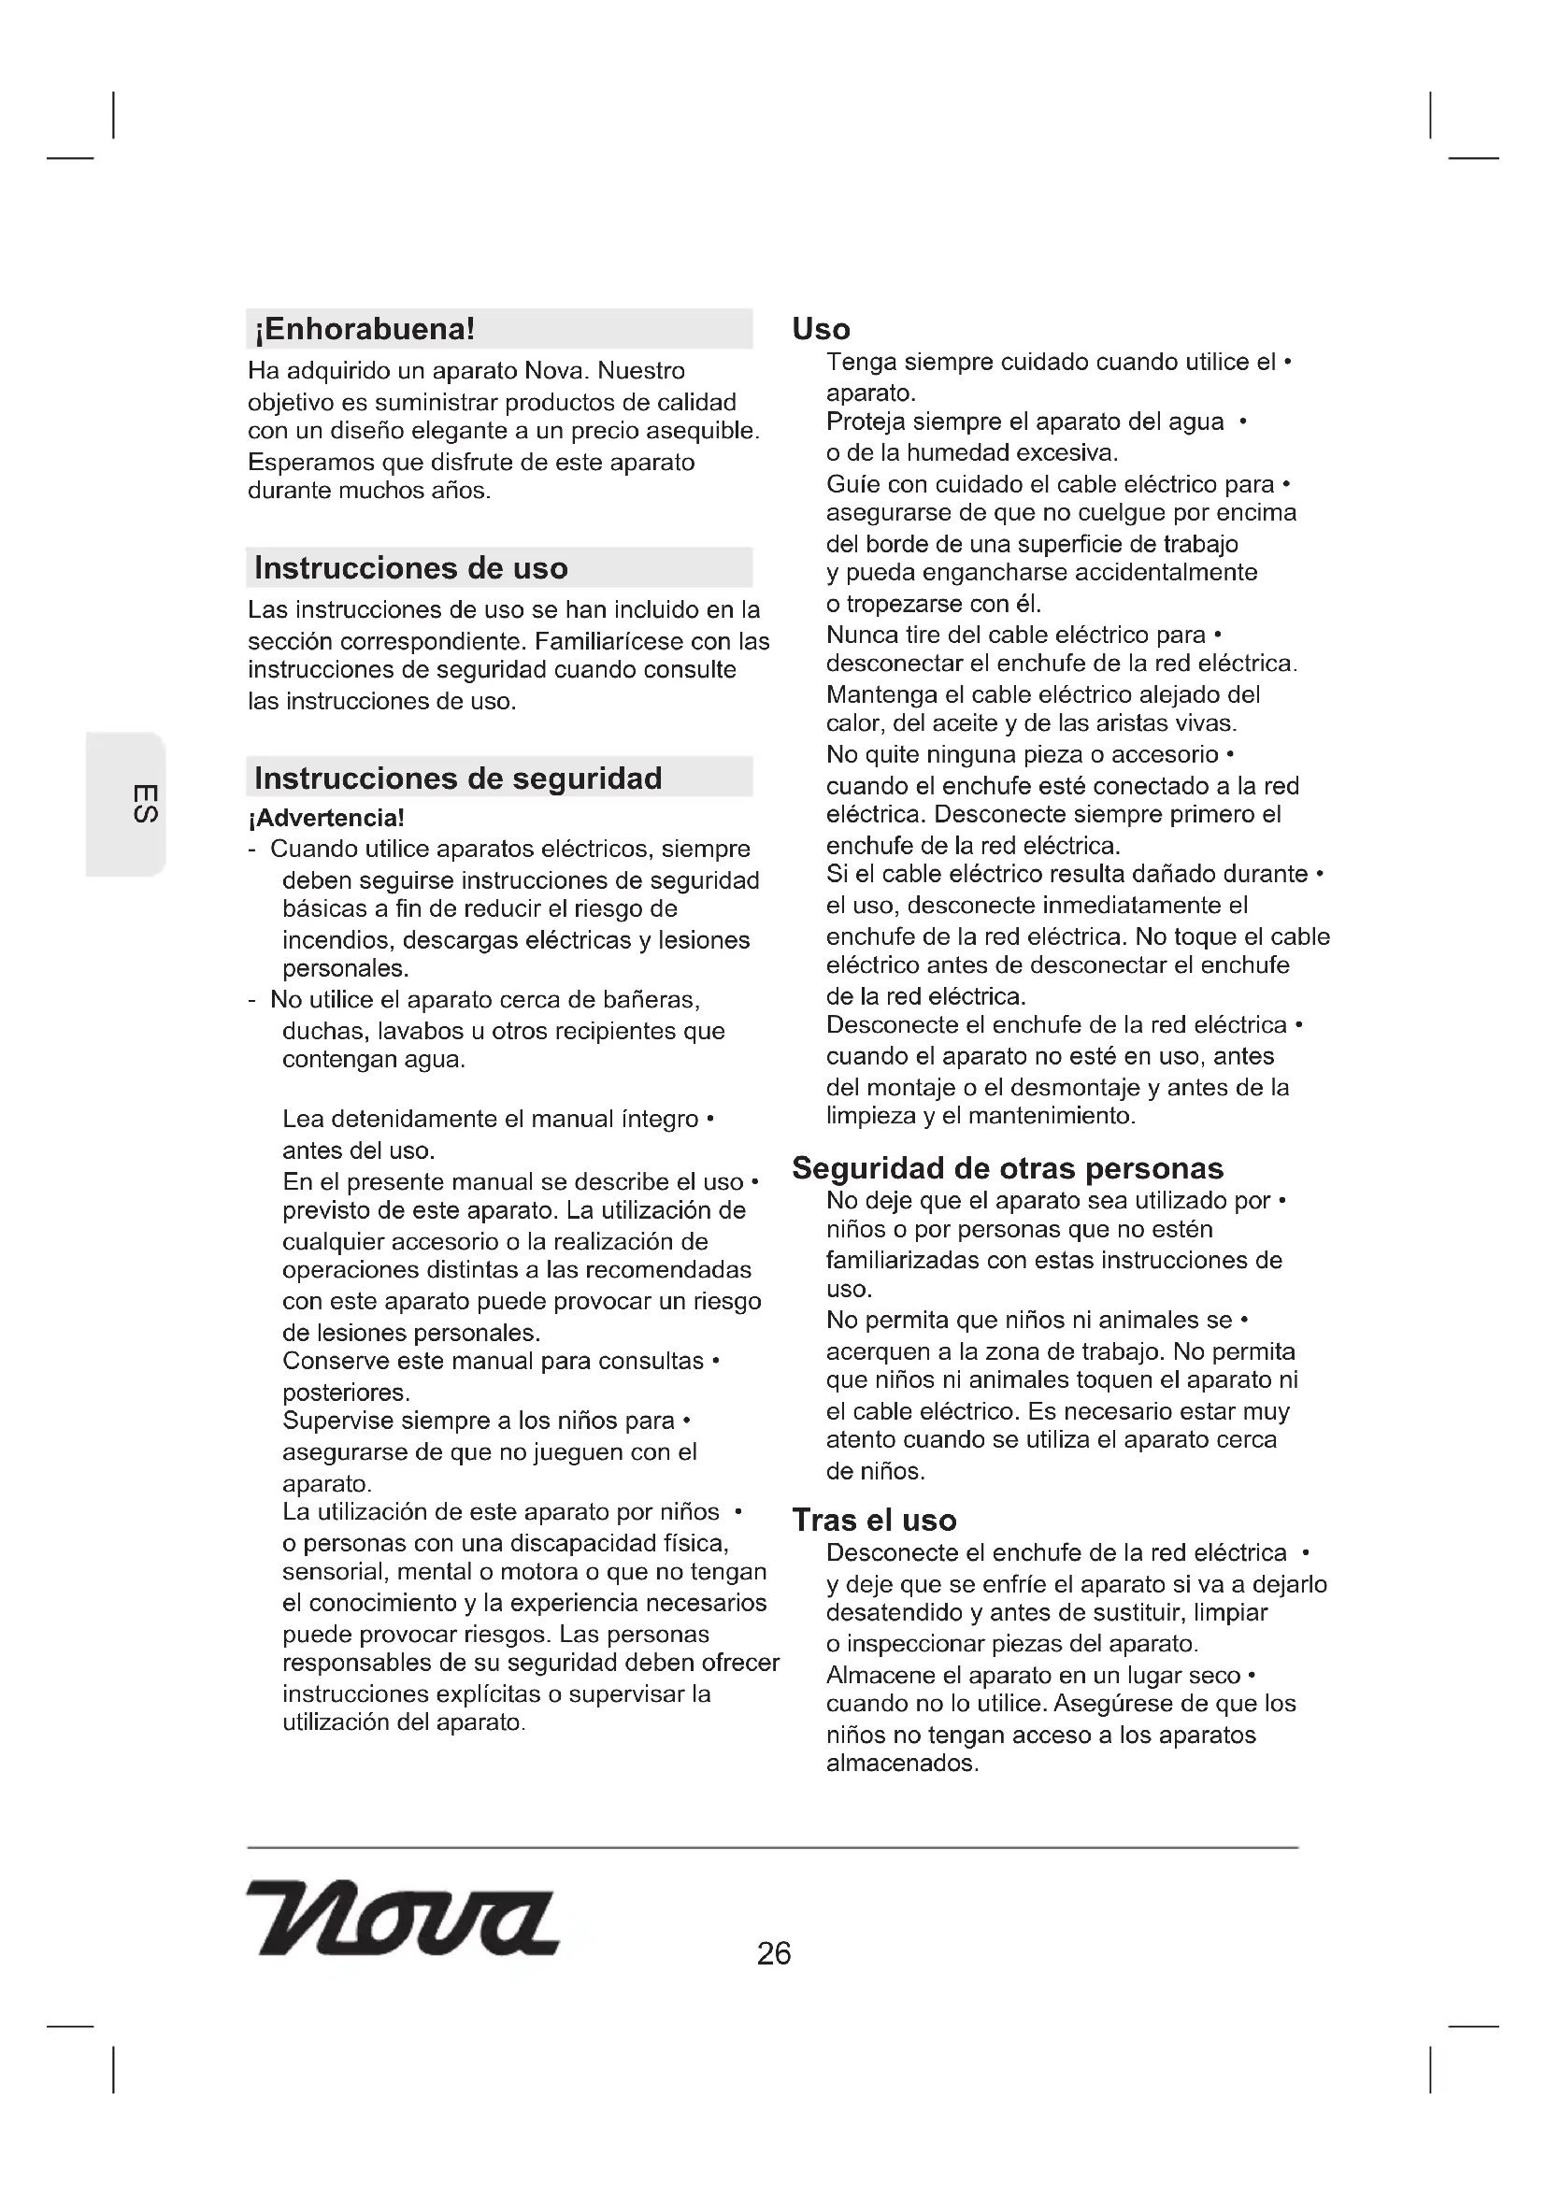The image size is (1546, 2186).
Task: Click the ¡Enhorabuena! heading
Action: pyautogui.click(x=365, y=329)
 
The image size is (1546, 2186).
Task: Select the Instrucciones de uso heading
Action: pyautogui.click(x=410, y=568)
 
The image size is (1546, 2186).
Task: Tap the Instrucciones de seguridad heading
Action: pyautogui.click(x=458, y=779)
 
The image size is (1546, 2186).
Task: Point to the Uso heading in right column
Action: pyautogui.click(x=821, y=329)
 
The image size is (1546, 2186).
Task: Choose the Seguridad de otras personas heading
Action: pyautogui.click(x=1008, y=1168)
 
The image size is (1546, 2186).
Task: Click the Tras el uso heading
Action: pyautogui.click(x=874, y=1521)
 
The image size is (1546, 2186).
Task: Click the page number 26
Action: pyautogui.click(x=773, y=1954)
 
